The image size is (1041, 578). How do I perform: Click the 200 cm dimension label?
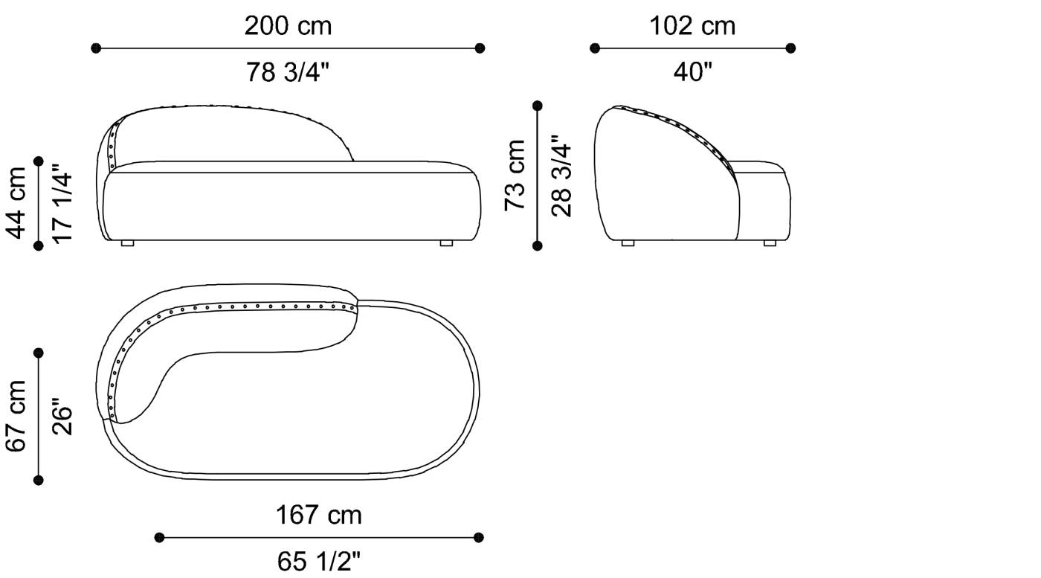click(x=289, y=26)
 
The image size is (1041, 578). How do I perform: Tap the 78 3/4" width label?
click(x=287, y=73)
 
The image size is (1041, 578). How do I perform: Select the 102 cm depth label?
click(x=692, y=26)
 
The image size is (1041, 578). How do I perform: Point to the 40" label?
click(x=692, y=72)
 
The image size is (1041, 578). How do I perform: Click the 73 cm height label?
click(x=515, y=176)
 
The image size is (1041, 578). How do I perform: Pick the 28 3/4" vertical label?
click(x=561, y=176)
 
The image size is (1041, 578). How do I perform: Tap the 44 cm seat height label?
click(x=16, y=203)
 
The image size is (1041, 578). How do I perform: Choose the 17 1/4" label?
click(x=62, y=203)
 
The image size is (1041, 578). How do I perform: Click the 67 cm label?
click(x=16, y=416)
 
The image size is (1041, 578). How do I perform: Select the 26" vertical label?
click(x=62, y=417)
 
